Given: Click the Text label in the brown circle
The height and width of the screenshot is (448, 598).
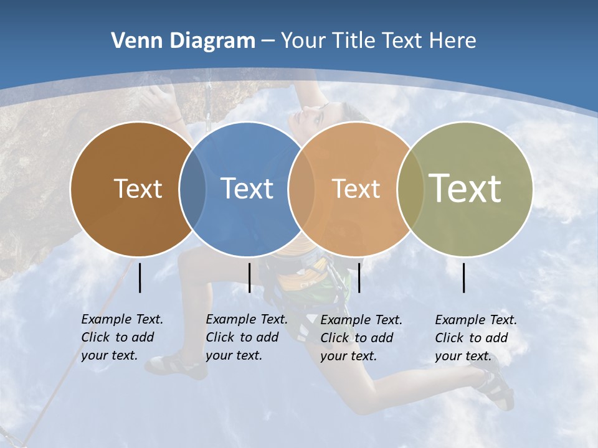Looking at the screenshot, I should pos(138,189).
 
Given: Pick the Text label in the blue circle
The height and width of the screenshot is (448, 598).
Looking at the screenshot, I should pos(247,189).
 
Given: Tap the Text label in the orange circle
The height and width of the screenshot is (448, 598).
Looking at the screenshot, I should pos(356,189).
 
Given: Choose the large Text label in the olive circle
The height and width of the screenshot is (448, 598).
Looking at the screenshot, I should pos(465,188).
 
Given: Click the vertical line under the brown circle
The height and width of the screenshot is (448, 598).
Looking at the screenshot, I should pos(140,278).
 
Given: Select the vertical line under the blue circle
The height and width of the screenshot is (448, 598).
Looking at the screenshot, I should pos(249,278).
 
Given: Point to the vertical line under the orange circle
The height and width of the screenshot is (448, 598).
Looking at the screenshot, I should pos(359,278).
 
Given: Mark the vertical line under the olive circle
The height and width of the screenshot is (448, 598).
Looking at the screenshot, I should pos(464,278).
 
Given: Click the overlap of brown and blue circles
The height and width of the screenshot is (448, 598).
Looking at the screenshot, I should pos(192,189).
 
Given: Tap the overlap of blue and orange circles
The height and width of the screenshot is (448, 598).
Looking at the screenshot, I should pos(301,189).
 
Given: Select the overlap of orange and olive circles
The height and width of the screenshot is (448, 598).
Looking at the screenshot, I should pos(411,189).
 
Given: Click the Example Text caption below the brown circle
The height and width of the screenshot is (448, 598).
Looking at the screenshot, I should pos(121,337).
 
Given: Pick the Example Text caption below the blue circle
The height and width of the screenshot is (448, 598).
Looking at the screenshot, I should pos(246,337).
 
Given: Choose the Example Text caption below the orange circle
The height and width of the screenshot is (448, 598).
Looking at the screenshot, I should pos(361,338).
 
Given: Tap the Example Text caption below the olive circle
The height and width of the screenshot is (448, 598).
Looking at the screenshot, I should pos(475,338).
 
